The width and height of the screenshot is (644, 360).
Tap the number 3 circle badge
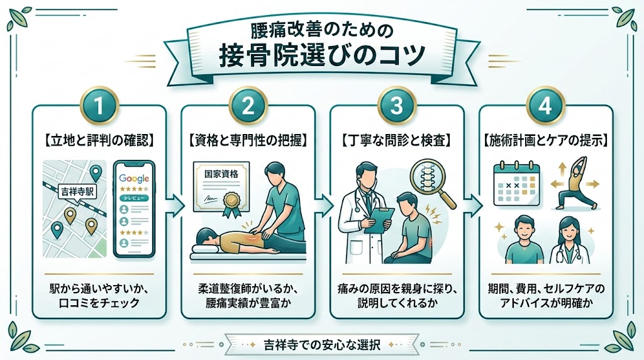(397, 106)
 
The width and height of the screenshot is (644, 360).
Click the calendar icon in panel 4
(516, 183)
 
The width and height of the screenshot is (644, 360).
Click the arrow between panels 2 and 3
(323, 205)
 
